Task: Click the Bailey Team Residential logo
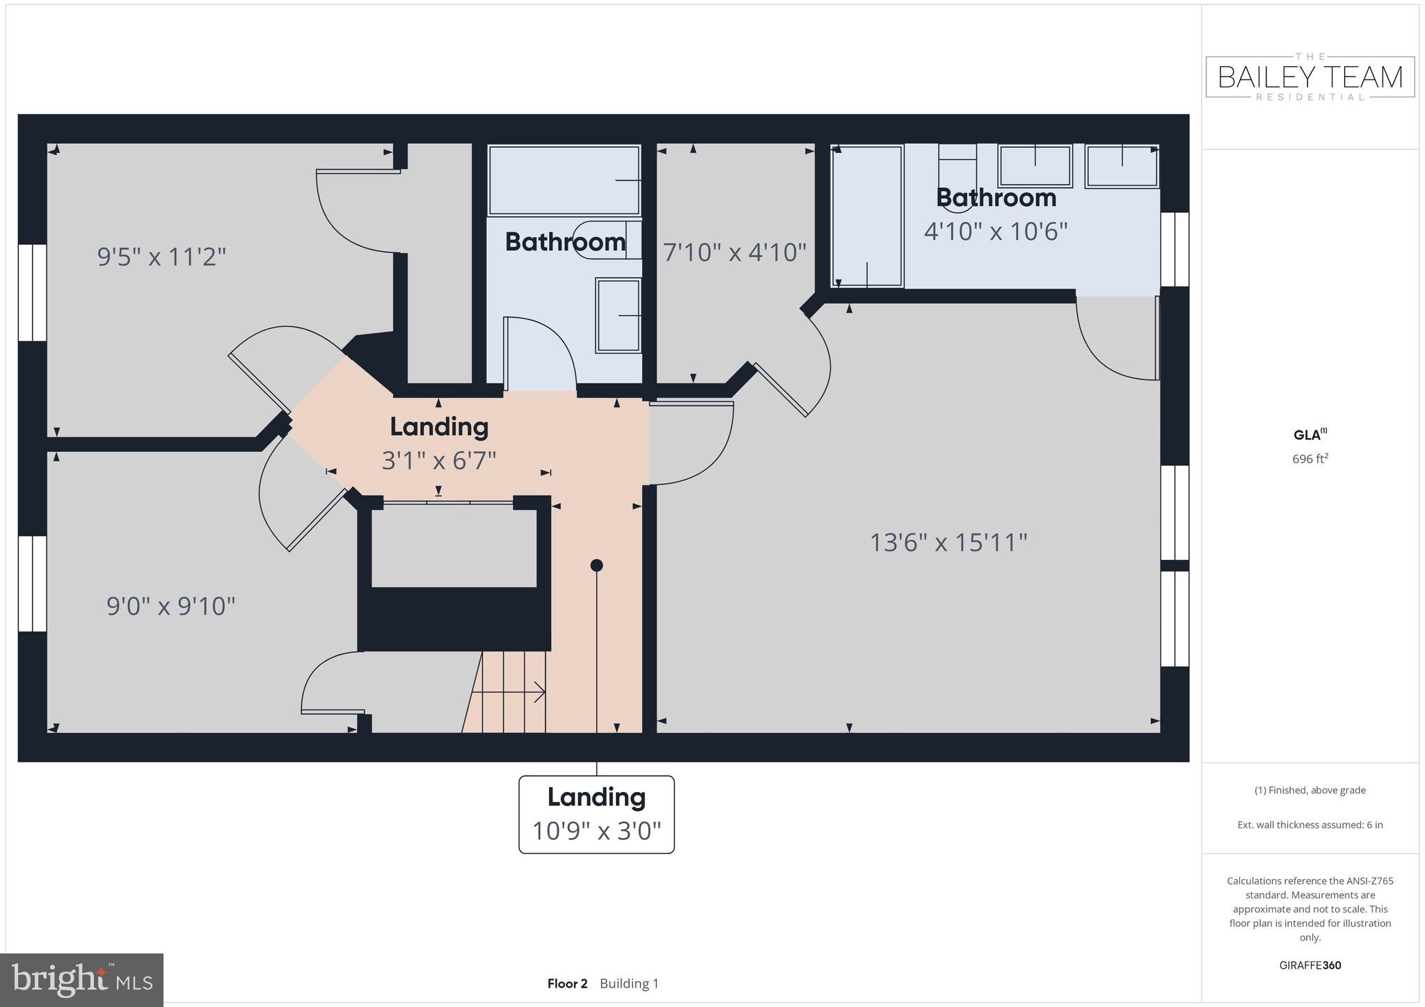[1309, 76]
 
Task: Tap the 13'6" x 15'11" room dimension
[948, 542]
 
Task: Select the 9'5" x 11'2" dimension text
[161, 257]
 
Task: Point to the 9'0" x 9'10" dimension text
[170, 606]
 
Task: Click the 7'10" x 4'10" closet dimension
[735, 252]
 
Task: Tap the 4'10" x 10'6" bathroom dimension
[995, 231]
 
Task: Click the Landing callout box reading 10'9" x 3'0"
[596, 814]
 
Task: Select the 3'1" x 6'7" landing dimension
[439, 460]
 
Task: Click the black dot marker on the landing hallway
[596, 565]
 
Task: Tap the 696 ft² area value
[1309, 459]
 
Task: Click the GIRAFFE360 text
[1309, 965]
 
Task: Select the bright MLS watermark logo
[82, 981]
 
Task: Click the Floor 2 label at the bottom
[567, 983]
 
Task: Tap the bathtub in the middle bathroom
[564, 181]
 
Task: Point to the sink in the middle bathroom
[618, 316]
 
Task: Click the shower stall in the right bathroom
[867, 216]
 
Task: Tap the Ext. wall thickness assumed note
[1309, 825]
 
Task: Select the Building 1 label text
[629, 983]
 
